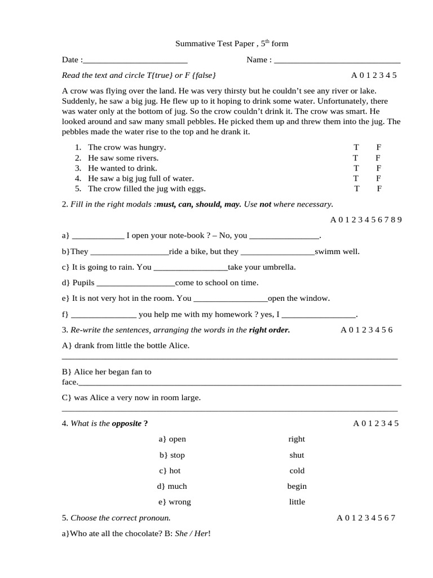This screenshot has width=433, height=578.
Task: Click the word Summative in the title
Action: [192, 43]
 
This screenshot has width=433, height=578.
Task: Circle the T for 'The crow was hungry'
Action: [356, 147]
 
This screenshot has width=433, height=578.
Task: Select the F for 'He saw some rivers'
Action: [378, 158]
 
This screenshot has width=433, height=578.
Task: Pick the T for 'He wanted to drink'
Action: [356, 168]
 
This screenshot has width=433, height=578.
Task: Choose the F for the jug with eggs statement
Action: [379, 189]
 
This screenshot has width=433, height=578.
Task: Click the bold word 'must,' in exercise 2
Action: [168, 204]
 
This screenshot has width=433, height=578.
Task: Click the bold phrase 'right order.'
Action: [269, 330]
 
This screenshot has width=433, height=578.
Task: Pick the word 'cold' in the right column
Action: [297, 471]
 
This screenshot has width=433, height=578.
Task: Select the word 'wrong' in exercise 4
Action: [180, 502]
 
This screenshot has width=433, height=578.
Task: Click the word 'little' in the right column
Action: [297, 502]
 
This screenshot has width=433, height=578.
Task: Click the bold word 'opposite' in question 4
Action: [127, 424]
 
